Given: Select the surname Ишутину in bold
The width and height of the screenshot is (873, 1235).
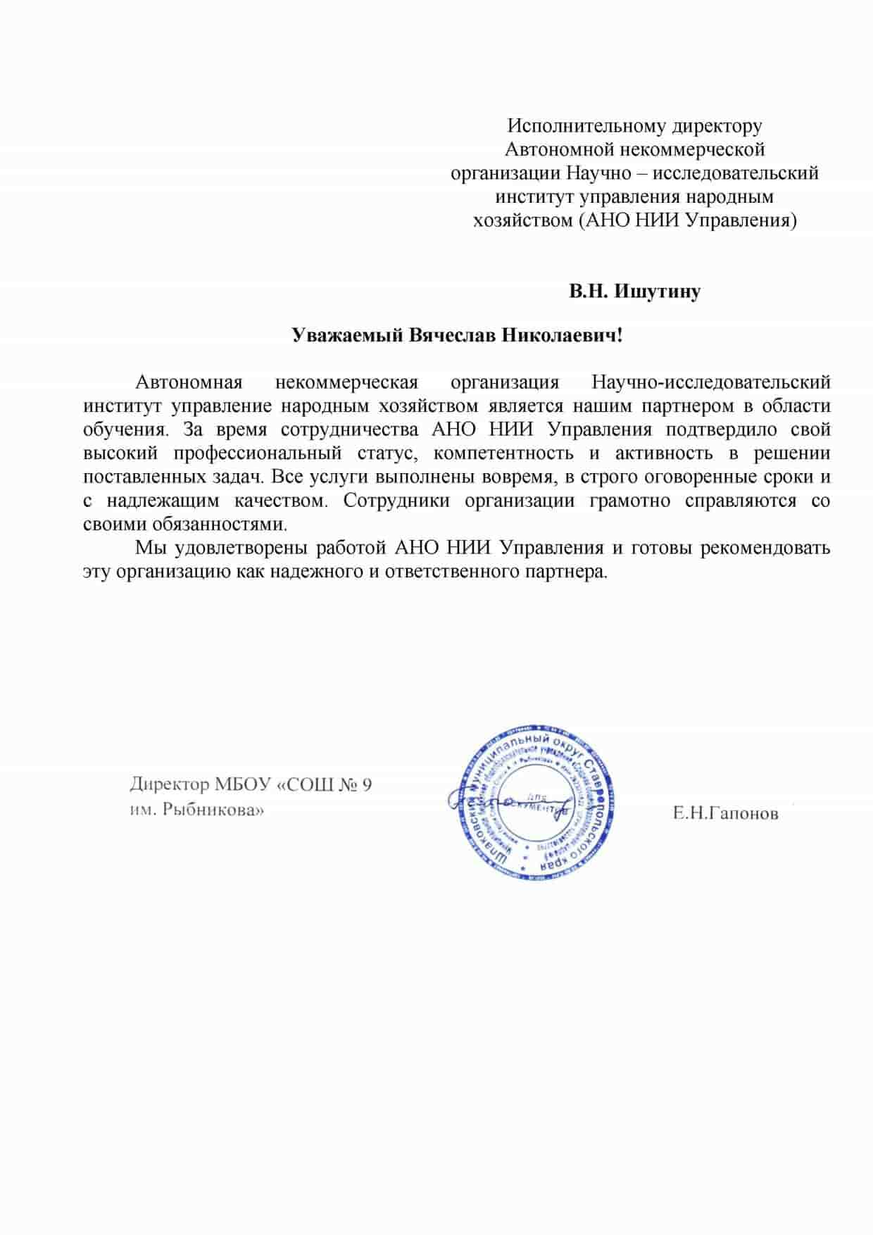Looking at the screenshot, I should pyautogui.click(x=658, y=291).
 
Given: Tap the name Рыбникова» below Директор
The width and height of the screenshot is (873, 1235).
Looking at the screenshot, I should pyautogui.click(x=213, y=810).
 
